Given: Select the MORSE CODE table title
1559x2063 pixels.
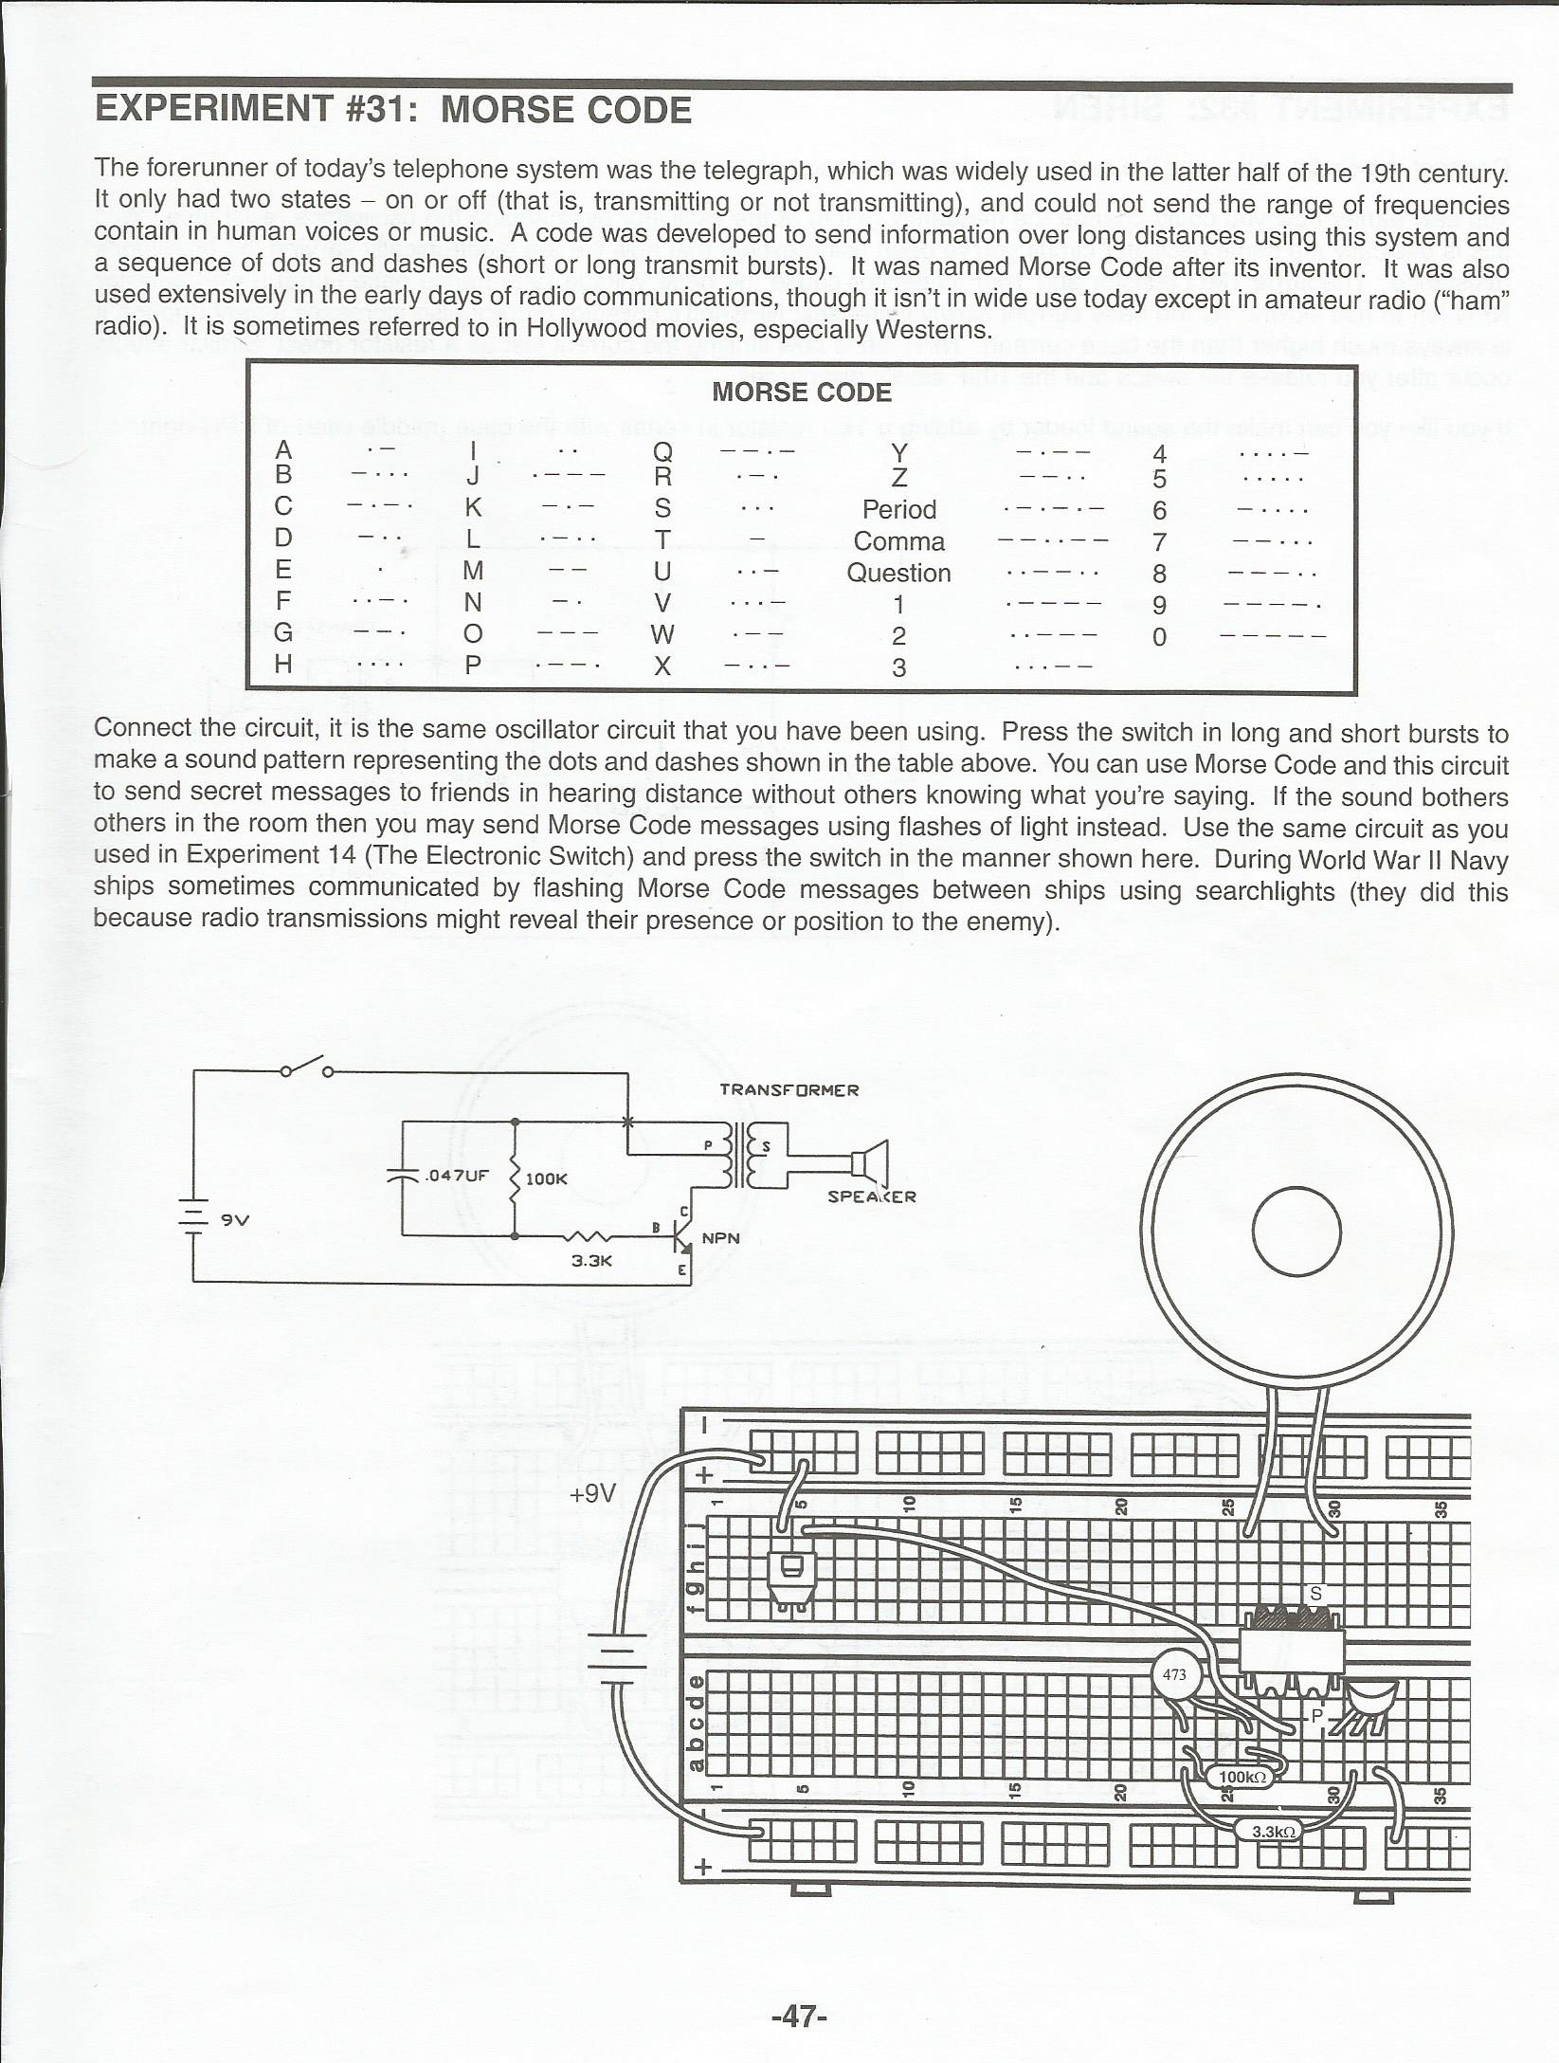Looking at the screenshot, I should [802, 393].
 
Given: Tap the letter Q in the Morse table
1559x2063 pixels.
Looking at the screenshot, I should [662, 452].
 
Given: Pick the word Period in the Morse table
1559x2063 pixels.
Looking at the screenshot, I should [898, 510].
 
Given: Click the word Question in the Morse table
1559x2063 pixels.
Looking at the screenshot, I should [898, 574].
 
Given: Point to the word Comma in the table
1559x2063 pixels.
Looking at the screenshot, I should [898, 541].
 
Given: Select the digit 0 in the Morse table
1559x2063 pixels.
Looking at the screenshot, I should [1159, 637].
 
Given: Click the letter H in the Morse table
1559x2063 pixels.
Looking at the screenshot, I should [282, 664].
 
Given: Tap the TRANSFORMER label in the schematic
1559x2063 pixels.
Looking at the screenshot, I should [789, 1090].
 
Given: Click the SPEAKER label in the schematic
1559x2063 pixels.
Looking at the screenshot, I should [872, 1196].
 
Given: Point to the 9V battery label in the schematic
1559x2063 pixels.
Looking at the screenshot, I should [235, 1220].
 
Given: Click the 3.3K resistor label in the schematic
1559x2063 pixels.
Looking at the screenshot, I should [591, 1261].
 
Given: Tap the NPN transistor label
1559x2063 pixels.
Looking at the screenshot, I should [720, 1238].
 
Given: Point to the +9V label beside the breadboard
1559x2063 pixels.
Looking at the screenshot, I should [593, 1494].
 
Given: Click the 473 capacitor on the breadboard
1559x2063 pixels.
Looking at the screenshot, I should [1175, 1674].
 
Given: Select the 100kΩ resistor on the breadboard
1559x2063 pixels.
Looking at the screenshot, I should [1242, 1778].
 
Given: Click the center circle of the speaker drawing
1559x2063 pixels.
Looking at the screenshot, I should [1296, 1232].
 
